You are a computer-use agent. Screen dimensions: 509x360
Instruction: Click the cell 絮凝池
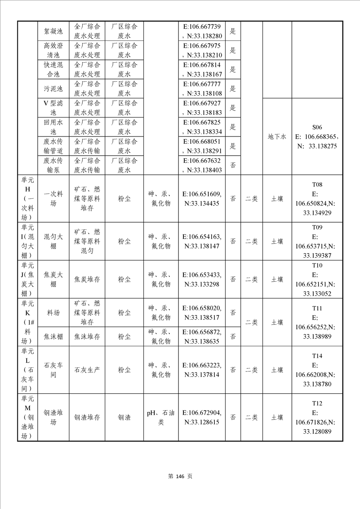(53, 31)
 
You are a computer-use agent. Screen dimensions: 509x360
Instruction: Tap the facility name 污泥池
(53, 88)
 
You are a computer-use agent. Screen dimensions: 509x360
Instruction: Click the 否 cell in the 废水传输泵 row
(232, 165)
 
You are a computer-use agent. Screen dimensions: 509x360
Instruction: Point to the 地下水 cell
(277, 137)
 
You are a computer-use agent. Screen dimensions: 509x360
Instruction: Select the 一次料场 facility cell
(53, 198)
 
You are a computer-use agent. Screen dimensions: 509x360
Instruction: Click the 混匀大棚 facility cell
(53, 241)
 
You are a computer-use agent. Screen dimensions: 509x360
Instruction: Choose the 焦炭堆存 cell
(87, 279)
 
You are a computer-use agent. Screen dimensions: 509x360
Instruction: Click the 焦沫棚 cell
(53, 336)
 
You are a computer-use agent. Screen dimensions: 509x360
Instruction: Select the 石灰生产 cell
(87, 370)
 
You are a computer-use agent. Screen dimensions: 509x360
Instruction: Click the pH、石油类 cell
(161, 417)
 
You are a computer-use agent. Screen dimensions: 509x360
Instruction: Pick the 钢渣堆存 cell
(87, 417)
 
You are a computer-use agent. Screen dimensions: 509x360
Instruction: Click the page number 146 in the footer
(180, 476)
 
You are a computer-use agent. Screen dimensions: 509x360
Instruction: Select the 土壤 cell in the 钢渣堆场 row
(277, 417)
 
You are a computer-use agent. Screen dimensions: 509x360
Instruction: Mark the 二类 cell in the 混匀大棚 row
(252, 241)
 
